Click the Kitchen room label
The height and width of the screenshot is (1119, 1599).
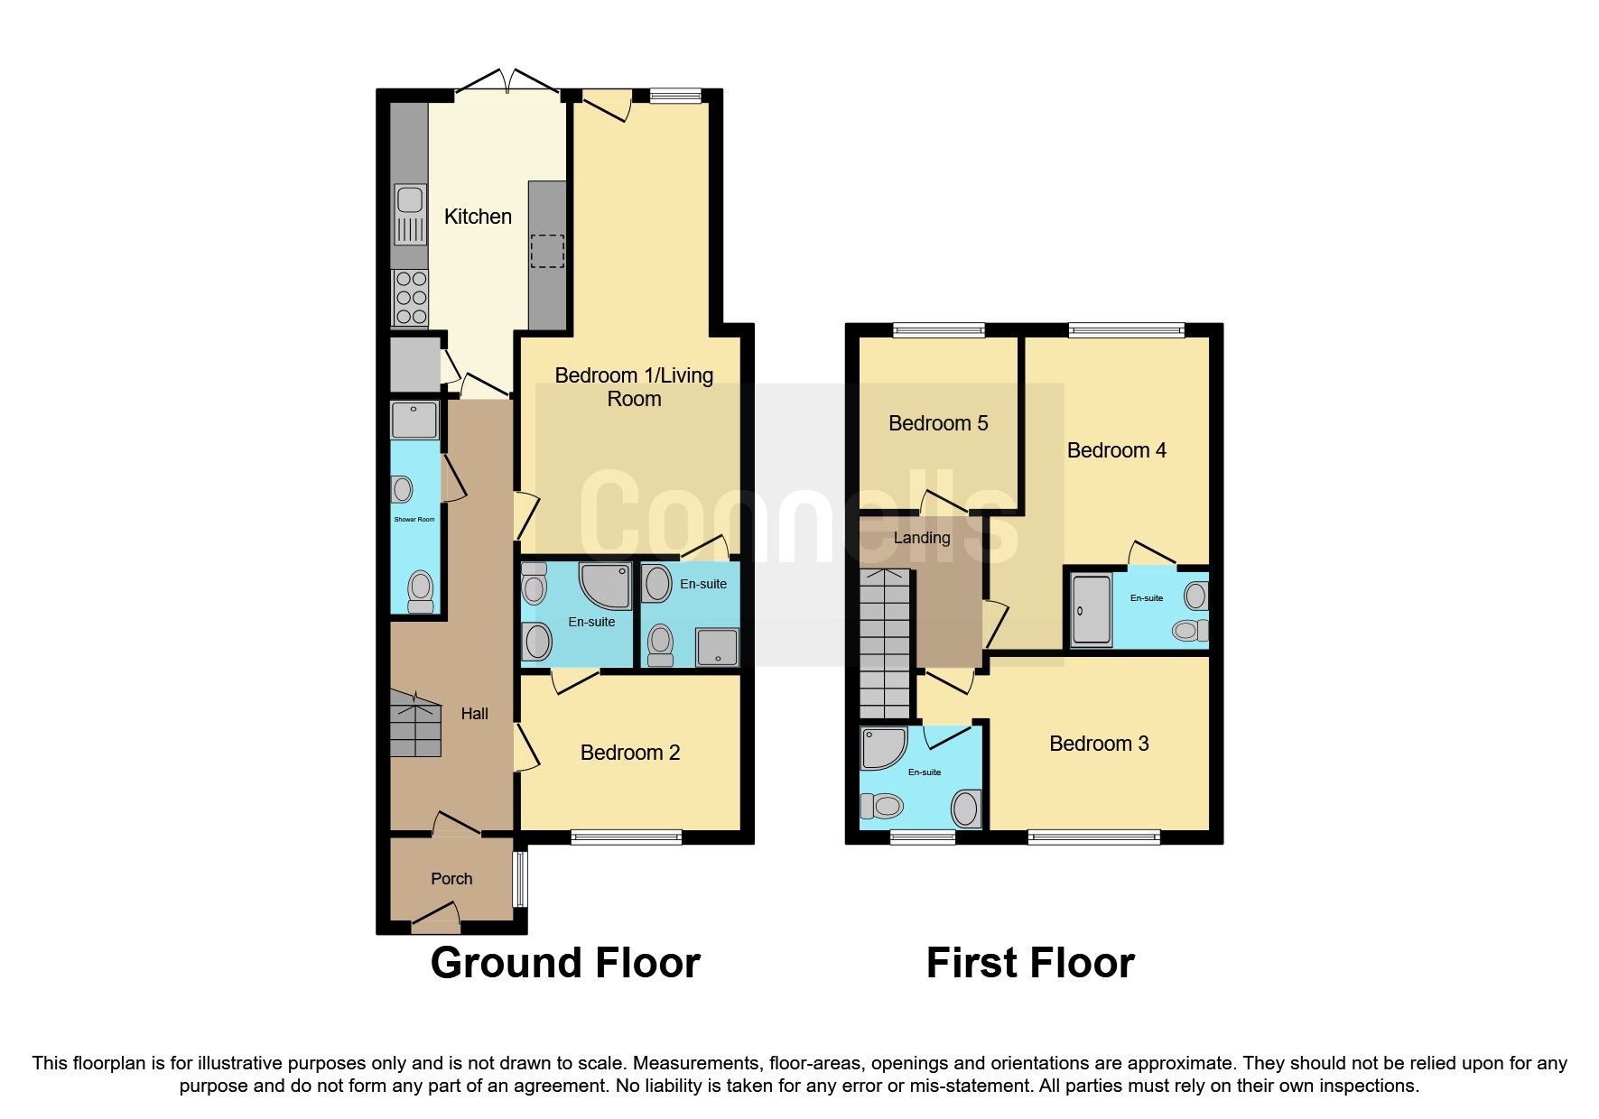click(x=478, y=217)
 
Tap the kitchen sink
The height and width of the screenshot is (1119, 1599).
click(x=410, y=214)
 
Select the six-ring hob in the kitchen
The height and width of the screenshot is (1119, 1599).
click(x=411, y=298)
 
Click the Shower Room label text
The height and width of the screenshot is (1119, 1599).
click(x=414, y=520)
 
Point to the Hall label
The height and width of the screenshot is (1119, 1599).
click(x=474, y=714)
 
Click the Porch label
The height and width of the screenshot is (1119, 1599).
click(x=451, y=879)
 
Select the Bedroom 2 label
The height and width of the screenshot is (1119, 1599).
click(x=629, y=753)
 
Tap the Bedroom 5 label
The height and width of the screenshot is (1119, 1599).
click(x=938, y=423)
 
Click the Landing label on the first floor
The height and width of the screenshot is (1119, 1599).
click(x=921, y=538)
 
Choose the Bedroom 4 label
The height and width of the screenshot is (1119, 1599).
click(x=1116, y=450)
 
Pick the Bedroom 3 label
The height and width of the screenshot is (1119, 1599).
click(x=1099, y=744)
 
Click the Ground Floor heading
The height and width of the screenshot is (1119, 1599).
click(x=565, y=963)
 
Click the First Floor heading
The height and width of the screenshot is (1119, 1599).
click(x=1030, y=963)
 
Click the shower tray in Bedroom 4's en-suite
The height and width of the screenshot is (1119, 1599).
click(x=1092, y=611)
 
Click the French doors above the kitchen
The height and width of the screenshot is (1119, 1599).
click(x=507, y=83)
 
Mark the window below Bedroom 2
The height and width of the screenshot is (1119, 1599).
click(x=626, y=838)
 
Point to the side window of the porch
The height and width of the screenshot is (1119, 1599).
click(x=519, y=878)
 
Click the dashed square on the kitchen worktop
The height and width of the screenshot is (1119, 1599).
click(x=546, y=251)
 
